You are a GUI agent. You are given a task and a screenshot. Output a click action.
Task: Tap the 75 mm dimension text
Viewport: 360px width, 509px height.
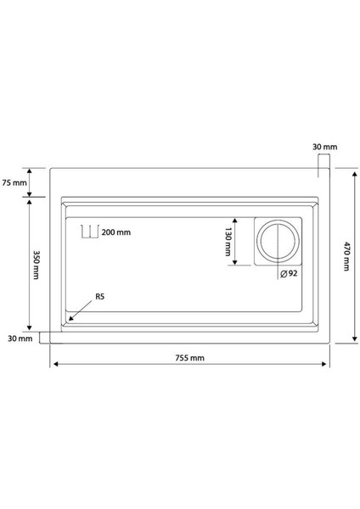coord(14,183)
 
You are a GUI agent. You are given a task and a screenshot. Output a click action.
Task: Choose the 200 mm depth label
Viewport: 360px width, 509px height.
coord(116,232)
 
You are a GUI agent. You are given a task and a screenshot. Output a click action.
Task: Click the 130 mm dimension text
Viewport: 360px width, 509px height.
coord(228,241)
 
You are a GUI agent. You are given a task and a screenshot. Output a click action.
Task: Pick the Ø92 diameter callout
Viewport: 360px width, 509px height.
coord(288,274)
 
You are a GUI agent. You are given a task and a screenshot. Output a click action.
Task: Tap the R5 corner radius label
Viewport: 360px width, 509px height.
coord(99,296)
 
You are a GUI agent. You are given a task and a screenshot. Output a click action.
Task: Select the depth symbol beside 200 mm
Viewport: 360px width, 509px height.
coord(87,232)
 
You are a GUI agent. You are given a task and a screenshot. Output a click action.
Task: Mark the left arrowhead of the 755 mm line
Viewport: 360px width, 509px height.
coord(55,365)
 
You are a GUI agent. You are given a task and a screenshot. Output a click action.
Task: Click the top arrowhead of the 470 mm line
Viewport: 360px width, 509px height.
coord(352,171)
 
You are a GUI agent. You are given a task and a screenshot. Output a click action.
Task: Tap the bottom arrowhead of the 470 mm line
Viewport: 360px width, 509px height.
coord(352,340)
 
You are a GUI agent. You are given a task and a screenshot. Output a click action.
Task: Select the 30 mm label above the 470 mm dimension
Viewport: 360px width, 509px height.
coord(324,148)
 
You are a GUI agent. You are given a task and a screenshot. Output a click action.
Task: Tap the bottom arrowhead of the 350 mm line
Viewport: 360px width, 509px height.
coord(29,328)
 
